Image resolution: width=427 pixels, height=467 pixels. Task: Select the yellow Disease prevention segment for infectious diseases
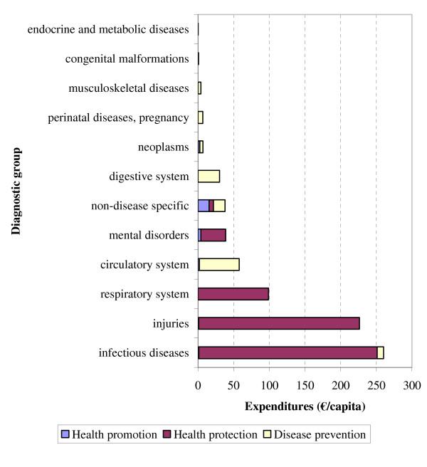click(380, 352)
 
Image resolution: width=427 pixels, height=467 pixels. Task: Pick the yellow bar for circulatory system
click(219, 265)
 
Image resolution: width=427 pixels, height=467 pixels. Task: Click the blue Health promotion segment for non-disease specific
click(204, 206)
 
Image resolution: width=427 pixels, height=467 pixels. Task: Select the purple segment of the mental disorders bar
click(213, 235)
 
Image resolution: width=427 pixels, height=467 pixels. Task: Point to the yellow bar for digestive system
click(209, 176)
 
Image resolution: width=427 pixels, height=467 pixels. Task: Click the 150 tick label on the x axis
click(305, 385)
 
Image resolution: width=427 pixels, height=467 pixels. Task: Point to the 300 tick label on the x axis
click(411, 385)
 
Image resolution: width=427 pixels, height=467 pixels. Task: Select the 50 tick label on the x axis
click(233, 385)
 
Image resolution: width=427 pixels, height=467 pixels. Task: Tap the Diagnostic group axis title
click(16, 191)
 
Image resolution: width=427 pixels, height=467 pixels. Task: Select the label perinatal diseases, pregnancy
click(118, 117)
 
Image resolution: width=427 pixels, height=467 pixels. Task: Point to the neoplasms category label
click(163, 147)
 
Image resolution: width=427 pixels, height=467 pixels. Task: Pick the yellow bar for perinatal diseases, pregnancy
click(201, 117)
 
